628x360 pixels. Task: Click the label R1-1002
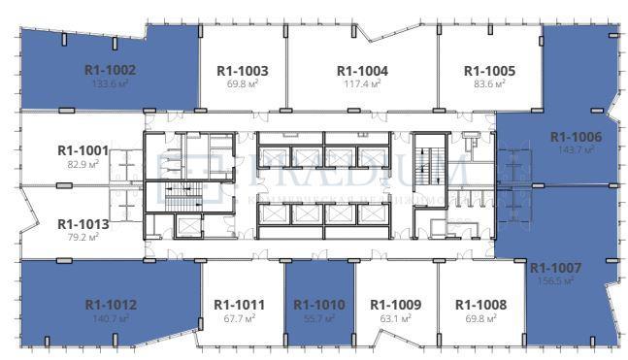pos(110,70)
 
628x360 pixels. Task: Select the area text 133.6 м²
pos(110,83)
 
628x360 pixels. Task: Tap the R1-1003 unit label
pos(242,71)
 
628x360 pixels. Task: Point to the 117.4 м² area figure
pos(362,84)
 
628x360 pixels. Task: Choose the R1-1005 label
pos(489,71)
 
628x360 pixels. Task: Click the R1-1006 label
pos(576,137)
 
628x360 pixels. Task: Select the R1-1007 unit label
pos(556,267)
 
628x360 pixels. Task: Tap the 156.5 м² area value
pos(556,280)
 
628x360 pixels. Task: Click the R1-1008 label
pos(480,305)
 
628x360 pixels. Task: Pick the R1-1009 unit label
pos(396,305)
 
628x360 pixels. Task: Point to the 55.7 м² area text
pos(319,318)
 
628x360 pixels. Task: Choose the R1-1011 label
pos(239,305)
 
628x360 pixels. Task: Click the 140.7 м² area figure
pos(111,318)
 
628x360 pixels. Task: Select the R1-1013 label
pos(83,221)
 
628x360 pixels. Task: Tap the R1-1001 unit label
pos(83,150)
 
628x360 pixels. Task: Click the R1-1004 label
pos(362,71)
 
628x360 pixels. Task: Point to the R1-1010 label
pos(319,305)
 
